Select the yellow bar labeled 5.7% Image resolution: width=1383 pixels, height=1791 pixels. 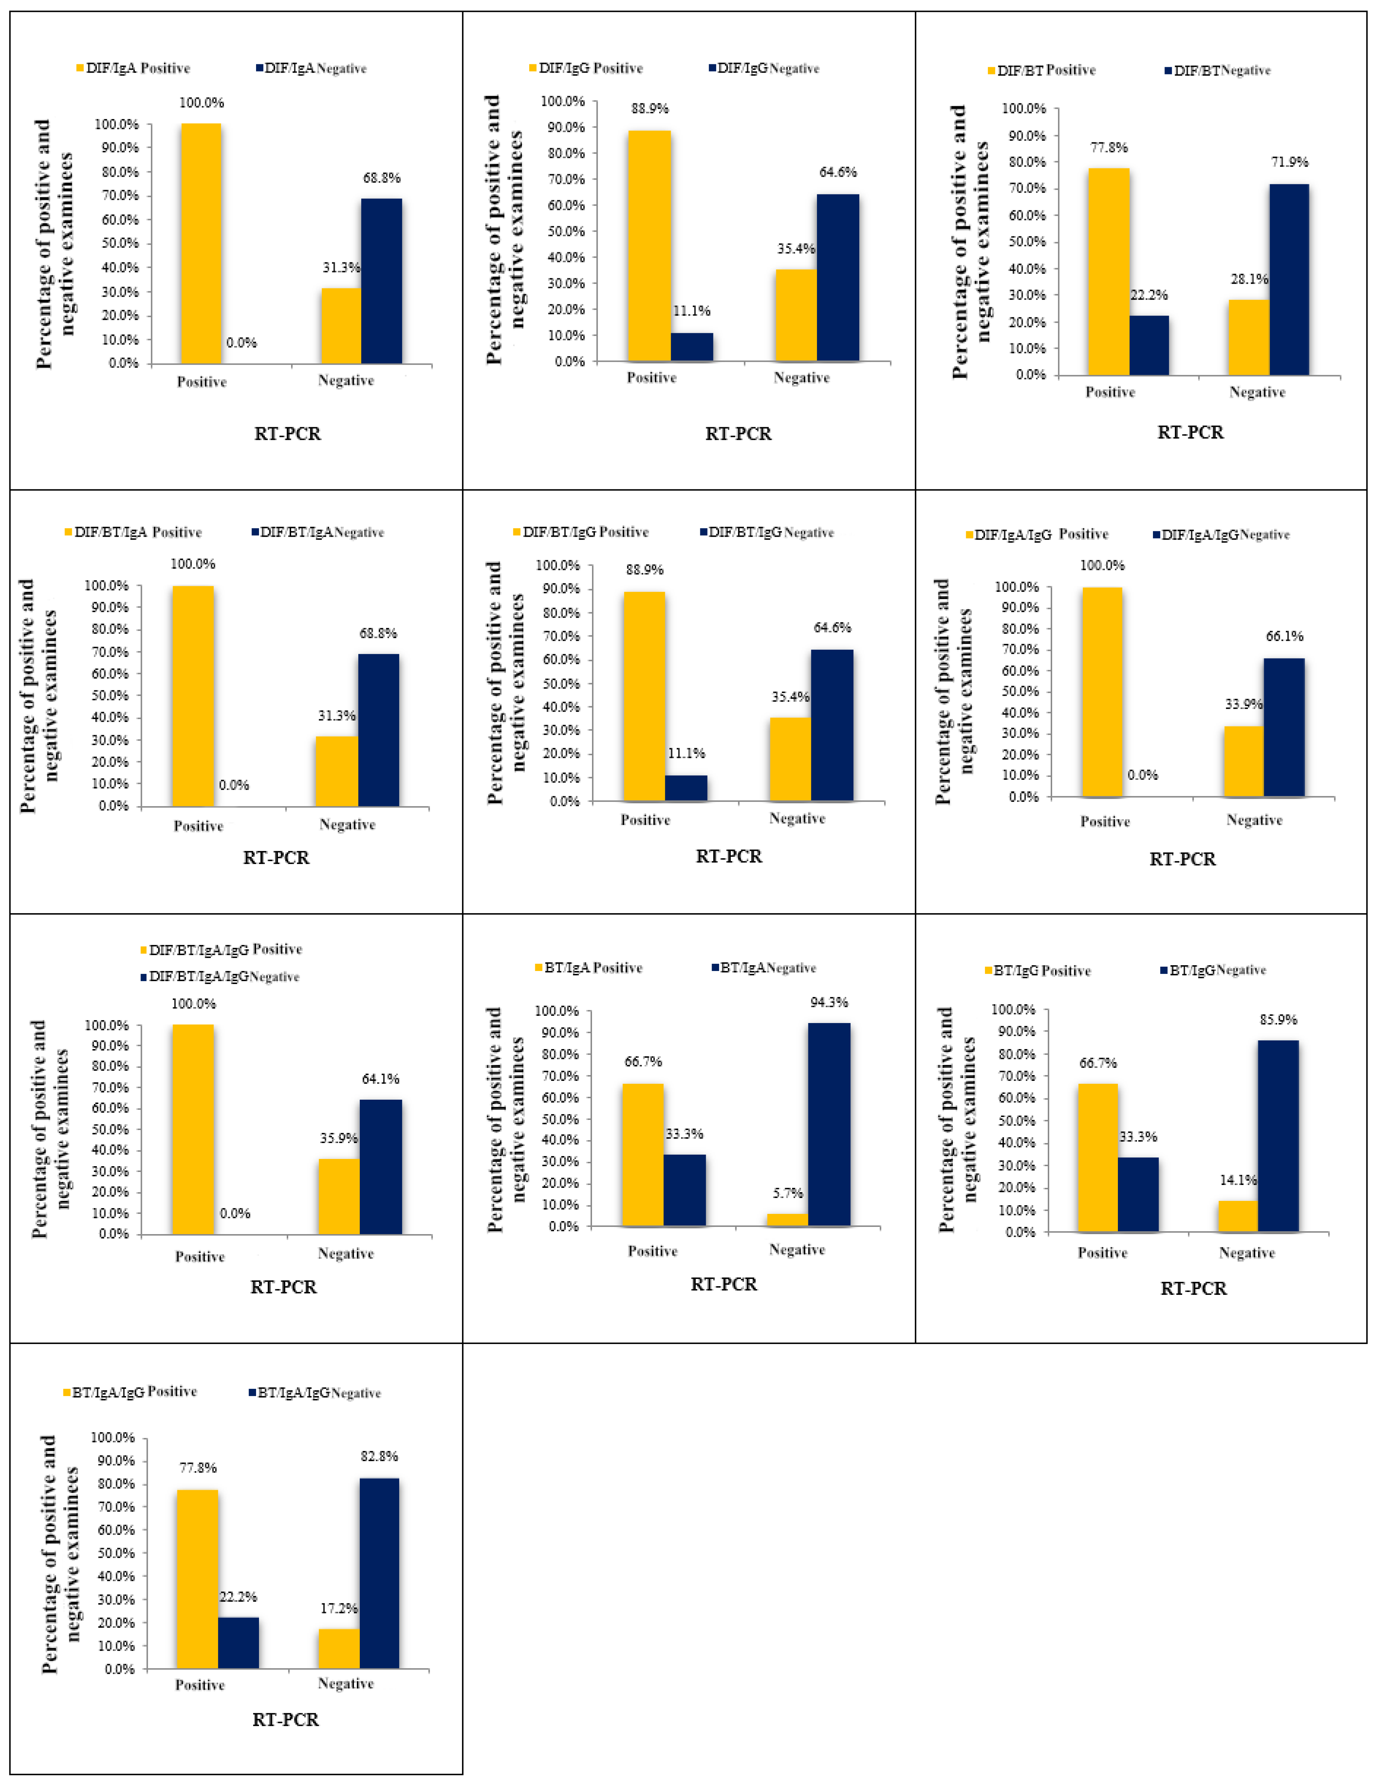pyautogui.click(x=787, y=1219)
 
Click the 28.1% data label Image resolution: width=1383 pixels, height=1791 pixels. pyautogui.click(x=1249, y=280)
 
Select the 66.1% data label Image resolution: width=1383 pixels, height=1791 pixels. pyautogui.click(x=1284, y=636)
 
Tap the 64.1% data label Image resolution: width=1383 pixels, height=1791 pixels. pyautogui.click(x=380, y=1079)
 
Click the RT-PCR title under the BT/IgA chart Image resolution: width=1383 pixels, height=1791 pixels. pyautogui.click(x=723, y=1284)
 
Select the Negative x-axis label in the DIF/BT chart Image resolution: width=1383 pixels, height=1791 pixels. pyautogui.click(x=1257, y=393)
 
